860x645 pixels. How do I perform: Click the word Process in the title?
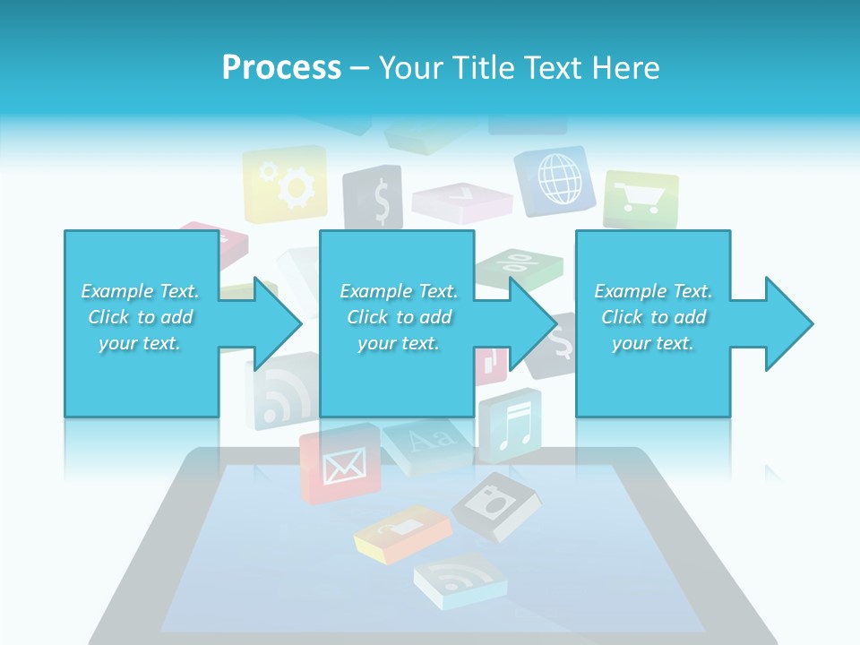(281, 67)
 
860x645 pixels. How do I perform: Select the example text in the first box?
(141, 317)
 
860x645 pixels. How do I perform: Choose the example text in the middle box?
(399, 317)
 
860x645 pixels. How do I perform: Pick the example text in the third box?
(653, 317)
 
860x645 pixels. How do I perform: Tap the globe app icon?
(555, 178)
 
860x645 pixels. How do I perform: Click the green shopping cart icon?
(641, 198)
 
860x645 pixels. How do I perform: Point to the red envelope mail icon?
(340, 464)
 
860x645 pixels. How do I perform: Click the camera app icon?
(496, 505)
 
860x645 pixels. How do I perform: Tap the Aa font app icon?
(428, 442)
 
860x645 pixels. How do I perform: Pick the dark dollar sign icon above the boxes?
(373, 200)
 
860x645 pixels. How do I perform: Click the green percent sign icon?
(519, 265)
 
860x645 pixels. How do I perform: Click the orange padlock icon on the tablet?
(400, 535)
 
